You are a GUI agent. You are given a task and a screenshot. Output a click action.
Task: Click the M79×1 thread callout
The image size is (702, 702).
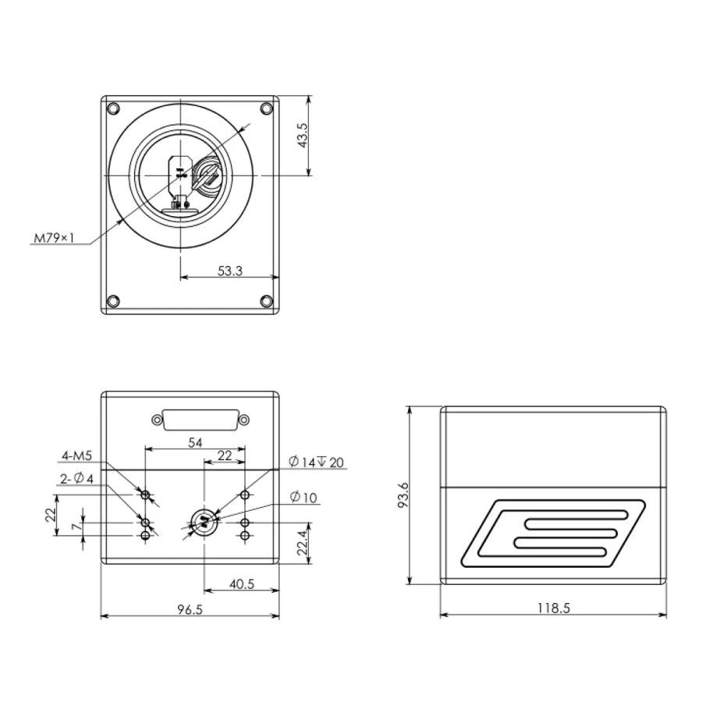tap(54, 238)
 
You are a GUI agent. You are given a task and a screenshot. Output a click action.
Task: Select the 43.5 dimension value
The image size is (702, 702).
tap(302, 135)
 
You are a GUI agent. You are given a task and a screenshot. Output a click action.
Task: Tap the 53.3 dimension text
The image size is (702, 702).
tap(230, 271)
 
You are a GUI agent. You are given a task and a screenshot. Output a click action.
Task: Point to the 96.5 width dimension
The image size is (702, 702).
tap(190, 609)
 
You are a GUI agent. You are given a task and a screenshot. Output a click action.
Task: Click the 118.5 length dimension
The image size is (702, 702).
tap(554, 608)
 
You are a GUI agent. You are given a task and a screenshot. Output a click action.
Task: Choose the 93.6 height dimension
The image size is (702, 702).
tap(403, 495)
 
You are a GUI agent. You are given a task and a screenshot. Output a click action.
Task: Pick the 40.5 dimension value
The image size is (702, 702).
tap(242, 583)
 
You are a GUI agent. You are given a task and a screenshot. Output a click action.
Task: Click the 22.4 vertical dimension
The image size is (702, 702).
tap(303, 542)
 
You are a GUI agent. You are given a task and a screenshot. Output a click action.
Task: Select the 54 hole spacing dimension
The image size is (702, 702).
tap(195, 442)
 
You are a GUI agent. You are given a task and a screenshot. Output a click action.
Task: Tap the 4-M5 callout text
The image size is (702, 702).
tap(76, 456)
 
